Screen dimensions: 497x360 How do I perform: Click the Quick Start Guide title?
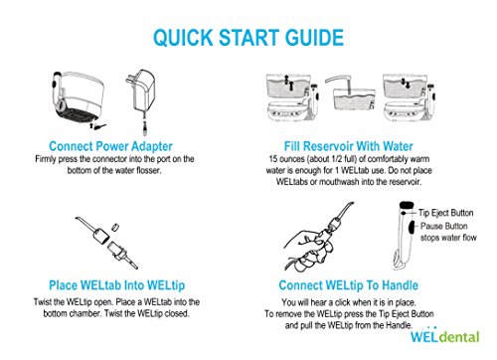coord(248,38)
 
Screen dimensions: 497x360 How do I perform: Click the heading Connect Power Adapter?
coord(110,146)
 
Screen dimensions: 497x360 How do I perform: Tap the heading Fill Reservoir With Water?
coord(349,146)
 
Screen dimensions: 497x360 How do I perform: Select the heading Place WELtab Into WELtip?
coord(116,285)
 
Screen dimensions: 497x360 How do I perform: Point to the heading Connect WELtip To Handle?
coord(349,285)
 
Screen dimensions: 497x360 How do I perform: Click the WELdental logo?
coord(445,336)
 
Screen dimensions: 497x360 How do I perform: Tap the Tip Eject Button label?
coord(445,213)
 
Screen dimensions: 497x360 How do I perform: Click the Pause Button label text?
coord(444,226)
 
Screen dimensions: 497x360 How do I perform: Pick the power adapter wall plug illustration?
coord(141,99)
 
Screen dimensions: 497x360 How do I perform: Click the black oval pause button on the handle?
coord(412,227)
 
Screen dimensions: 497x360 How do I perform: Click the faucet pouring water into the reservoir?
coord(339,83)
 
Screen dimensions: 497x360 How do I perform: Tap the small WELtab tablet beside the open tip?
coord(115,227)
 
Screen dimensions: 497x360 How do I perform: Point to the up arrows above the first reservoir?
coord(289,83)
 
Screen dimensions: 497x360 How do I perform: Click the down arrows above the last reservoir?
coord(406,83)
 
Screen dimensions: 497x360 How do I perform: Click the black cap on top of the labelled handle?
coord(407,205)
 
